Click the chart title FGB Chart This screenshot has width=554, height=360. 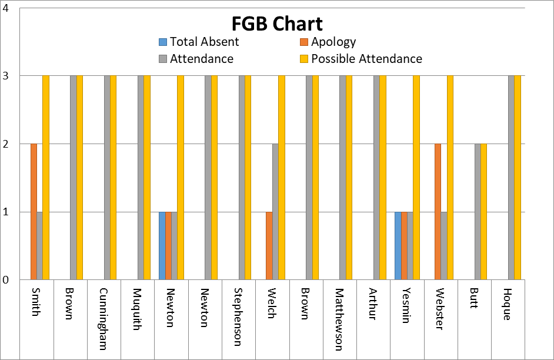(x=276, y=24)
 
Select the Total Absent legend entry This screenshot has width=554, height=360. (x=203, y=42)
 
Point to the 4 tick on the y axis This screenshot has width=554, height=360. (x=5, y=9)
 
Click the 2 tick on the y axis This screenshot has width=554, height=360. (x=5, y=144)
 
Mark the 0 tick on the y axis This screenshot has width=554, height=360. (x=5, y=280)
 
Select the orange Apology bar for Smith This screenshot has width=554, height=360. (x=34, y=212)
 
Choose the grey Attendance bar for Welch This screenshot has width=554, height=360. (x=275, y=212)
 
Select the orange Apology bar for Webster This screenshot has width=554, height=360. (x=438, y=212)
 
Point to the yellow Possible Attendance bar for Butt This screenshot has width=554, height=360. (x=483, y=212)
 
